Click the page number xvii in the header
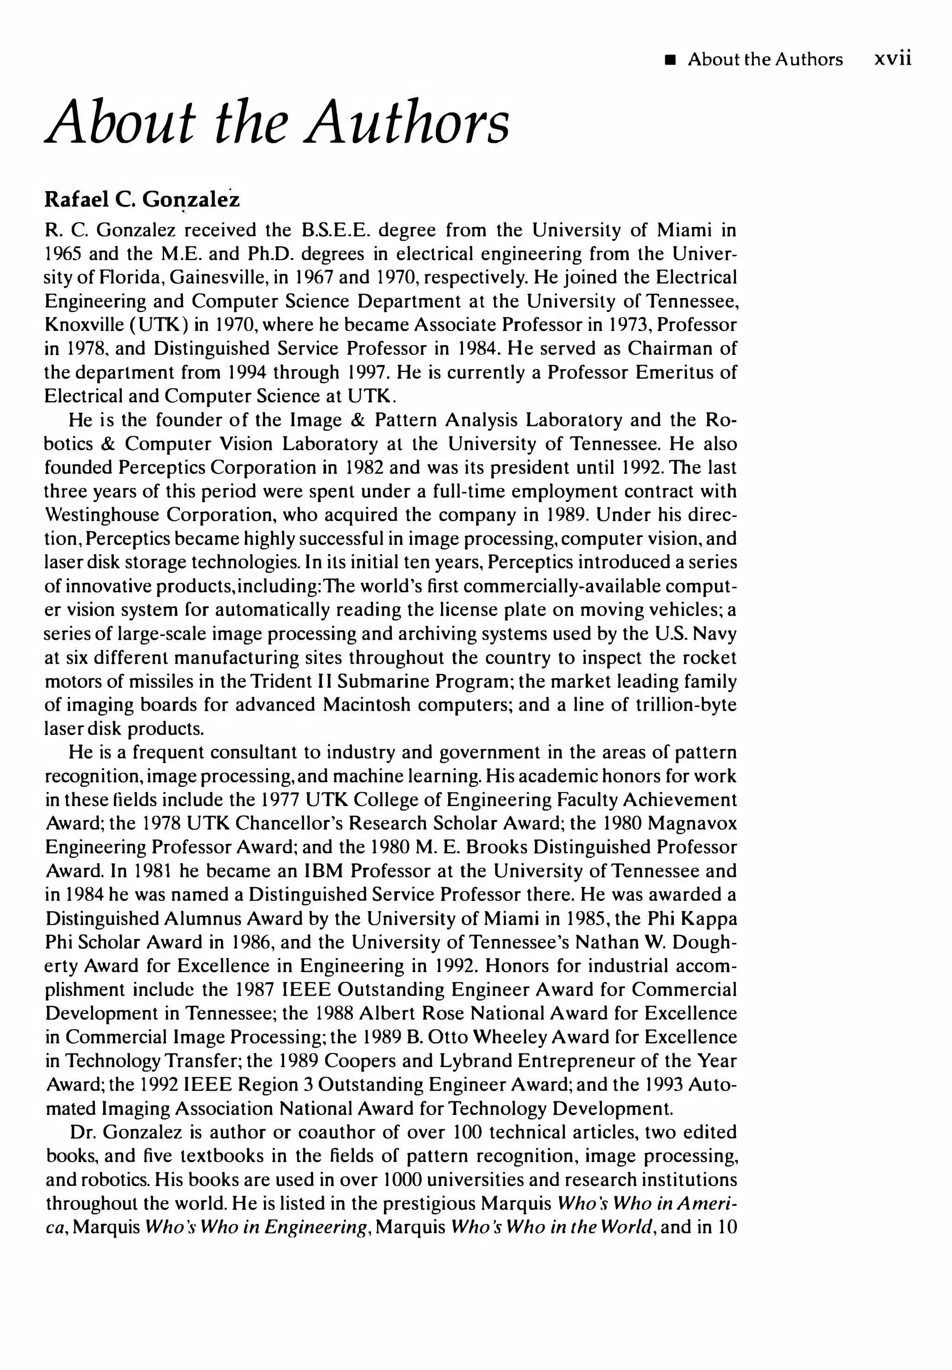click(892, 59)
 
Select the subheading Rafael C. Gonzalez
click(142, 199)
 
